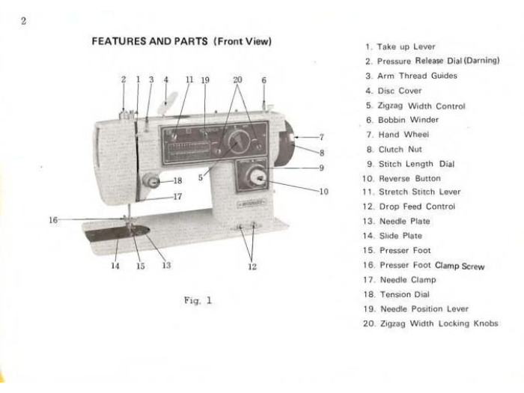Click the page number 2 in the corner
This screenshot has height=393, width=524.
point(23,21)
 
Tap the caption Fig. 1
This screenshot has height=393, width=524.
point(198,300)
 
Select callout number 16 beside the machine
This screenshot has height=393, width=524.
point(53,220)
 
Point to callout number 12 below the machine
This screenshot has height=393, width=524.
point(252,266)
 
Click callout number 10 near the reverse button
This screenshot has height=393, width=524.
point(324,192)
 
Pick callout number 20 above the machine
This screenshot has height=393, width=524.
point(237,80)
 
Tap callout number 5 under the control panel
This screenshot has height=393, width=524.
point(201,177)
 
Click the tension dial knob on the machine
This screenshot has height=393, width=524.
point(151,180)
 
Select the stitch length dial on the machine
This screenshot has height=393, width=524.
point(257,177)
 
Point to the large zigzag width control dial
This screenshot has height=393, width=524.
point(239,141)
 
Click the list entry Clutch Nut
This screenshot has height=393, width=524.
point(394,150)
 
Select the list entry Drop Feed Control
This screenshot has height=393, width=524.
point(409,207)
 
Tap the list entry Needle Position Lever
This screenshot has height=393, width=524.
point(416,308)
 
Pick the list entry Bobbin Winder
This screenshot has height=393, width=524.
point(403,120)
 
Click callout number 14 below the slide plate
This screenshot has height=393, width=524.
point(115,266)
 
